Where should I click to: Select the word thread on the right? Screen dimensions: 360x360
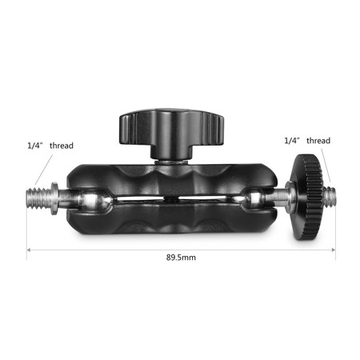click(318, 140)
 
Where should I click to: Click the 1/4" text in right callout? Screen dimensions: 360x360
click(293, 140)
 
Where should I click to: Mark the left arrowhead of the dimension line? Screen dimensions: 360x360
click(29, 250)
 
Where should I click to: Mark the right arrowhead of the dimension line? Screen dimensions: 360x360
click(333, 250)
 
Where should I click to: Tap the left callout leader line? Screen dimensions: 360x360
click(46, 169)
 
